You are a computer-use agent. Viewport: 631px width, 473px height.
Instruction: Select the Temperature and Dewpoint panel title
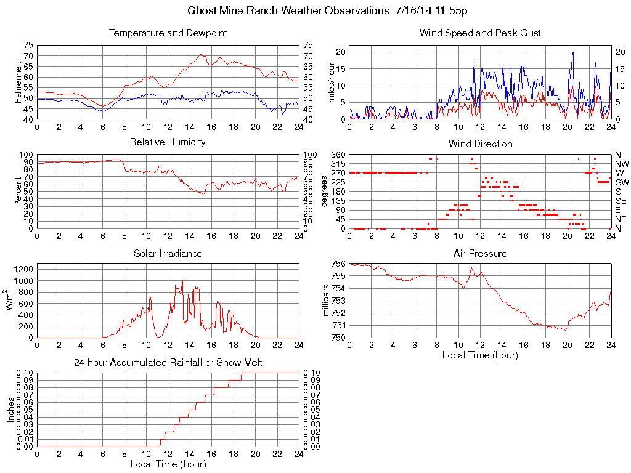point(168,33)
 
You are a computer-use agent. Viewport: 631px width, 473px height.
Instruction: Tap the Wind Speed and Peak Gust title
point(480,33)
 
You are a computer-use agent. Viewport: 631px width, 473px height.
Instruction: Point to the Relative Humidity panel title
point(168,142)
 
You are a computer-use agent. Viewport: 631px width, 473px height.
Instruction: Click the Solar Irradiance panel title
point(168,254)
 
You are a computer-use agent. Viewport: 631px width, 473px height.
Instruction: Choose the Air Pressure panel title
point(480,254)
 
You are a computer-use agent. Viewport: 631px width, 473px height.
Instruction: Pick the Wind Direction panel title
point(480,144)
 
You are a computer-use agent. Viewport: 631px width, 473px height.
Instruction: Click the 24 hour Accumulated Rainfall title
point(168,363)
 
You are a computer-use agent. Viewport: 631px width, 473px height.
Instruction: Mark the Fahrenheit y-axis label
point(18,82)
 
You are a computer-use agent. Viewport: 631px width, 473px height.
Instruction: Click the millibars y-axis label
point(327,301)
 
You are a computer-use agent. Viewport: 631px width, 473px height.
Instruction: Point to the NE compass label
point(621,219)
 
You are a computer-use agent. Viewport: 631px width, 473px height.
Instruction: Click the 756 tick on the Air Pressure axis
point(338,264)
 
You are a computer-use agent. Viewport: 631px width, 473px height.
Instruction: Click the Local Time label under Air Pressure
point(480,355)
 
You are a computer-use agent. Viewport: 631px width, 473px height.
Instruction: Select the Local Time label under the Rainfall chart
point(168,464)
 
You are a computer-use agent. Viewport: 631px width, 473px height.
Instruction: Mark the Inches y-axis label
point(10,410)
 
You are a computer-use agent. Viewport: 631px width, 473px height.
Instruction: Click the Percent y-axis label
point(18,191)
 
